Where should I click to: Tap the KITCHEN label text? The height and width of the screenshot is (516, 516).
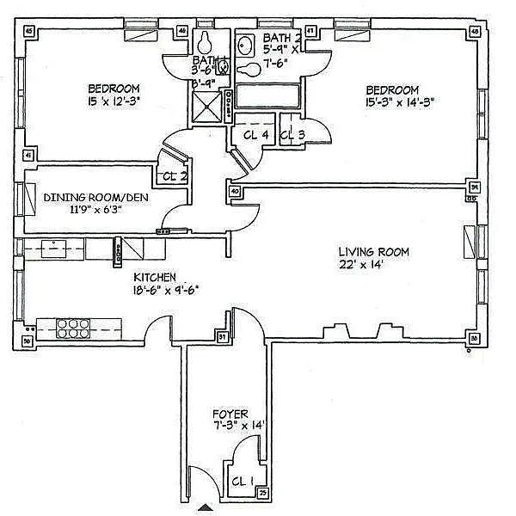pyautogui.click(x=155, y=278)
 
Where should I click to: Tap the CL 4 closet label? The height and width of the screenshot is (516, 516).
pyautogui.click(x=257, y=134)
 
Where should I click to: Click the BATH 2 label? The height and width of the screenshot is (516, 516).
pyautogui.click(x=282, y=38)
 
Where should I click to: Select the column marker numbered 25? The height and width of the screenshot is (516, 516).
pyautogui.click(x=262, y=493)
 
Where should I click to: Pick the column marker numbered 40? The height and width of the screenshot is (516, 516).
pyautogui.click(x=235, y=191)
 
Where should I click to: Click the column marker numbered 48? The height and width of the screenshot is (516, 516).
pyautogui.click(x=475, y=32)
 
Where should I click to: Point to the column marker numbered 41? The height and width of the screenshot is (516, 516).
pyautogui.click(x=28, y=156)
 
